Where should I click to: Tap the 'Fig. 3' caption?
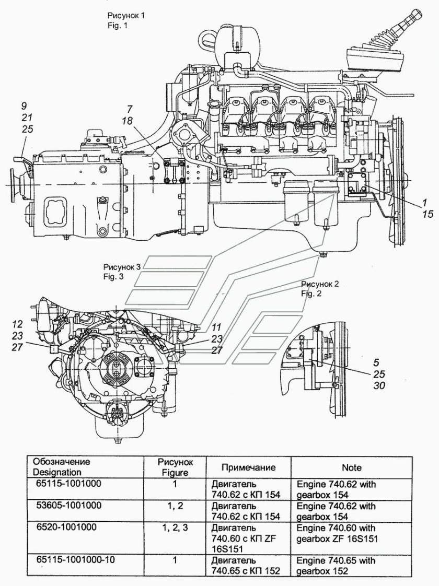point(114,277)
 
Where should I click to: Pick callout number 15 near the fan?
point(428,214)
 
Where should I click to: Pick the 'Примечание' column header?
point(248,467)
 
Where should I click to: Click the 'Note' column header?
point(352,467)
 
